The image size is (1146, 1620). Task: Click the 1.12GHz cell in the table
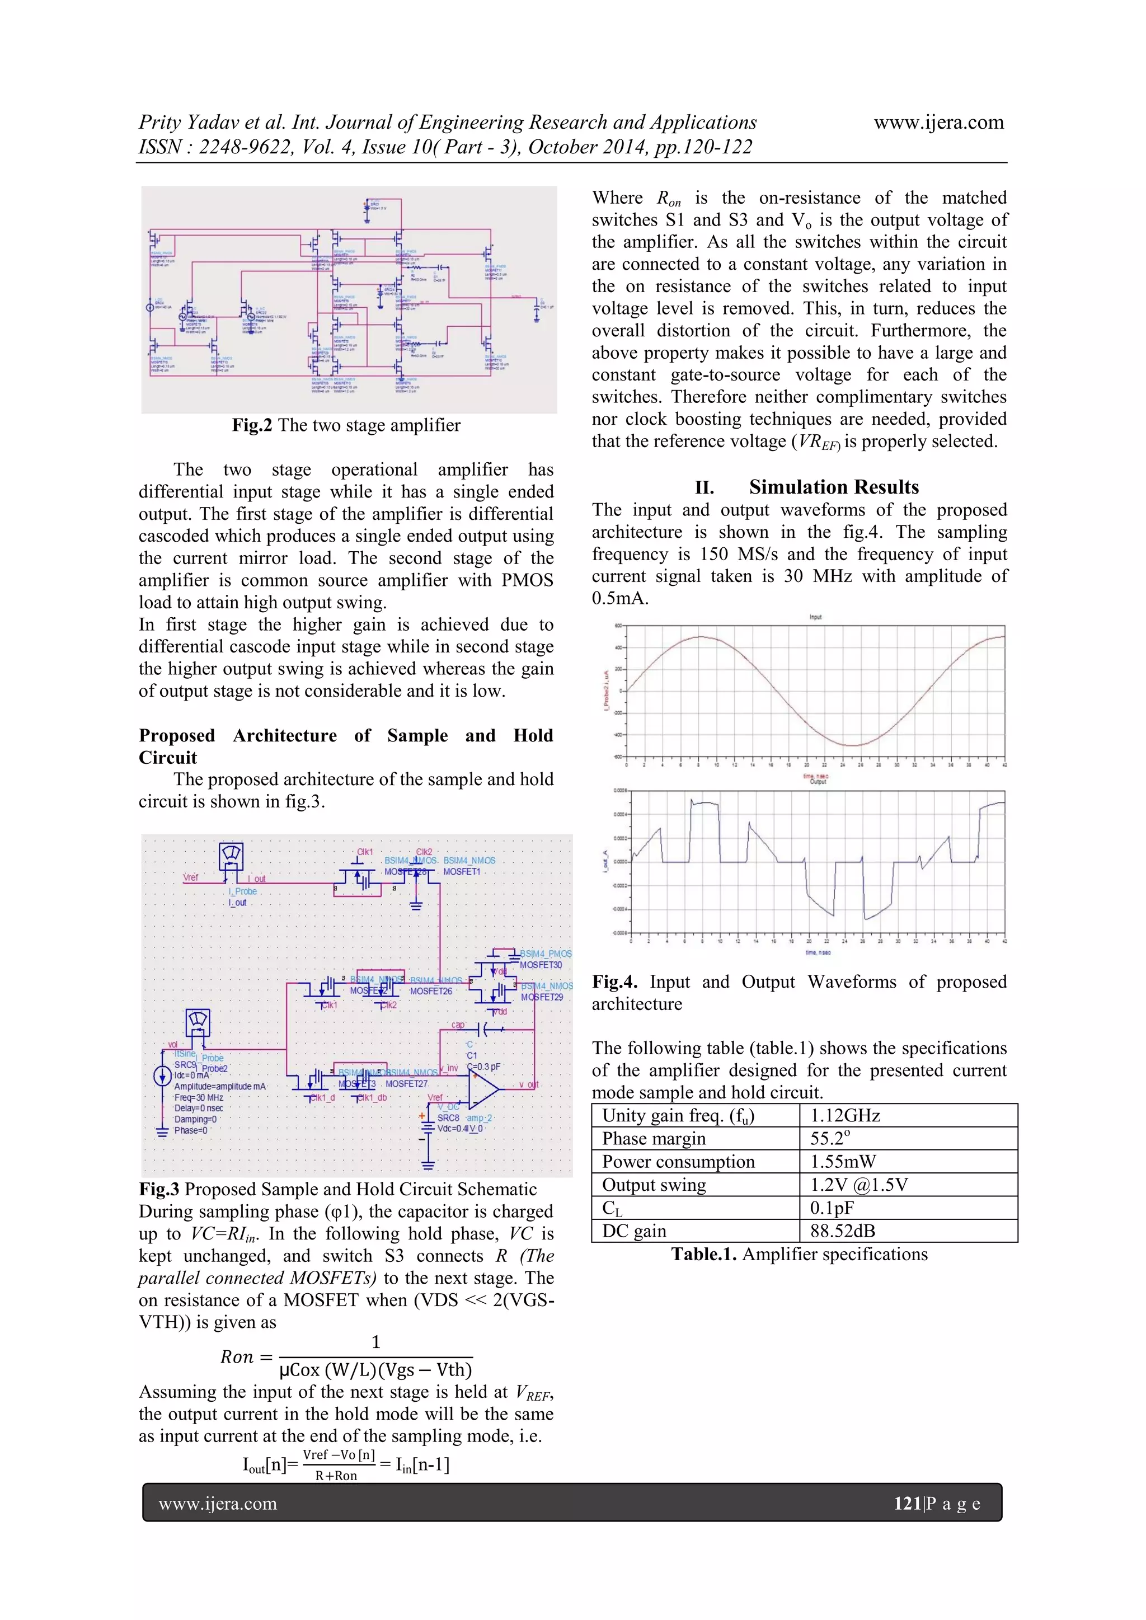coord(845,1115)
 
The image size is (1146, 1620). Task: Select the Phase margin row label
coord(654,1139)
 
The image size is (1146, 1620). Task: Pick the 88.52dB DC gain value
coord(843,1231)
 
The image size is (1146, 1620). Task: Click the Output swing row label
coord(654,1185)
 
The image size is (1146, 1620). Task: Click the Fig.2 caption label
coord(252,425)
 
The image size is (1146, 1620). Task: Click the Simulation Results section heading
coord(833,487)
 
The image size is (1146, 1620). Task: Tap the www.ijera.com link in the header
coord(938,123)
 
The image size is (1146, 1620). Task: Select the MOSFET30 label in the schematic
coord(541,965)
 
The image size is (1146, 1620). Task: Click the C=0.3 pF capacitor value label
coord(483,1067)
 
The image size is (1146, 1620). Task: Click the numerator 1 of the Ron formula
coord(375,1342)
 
